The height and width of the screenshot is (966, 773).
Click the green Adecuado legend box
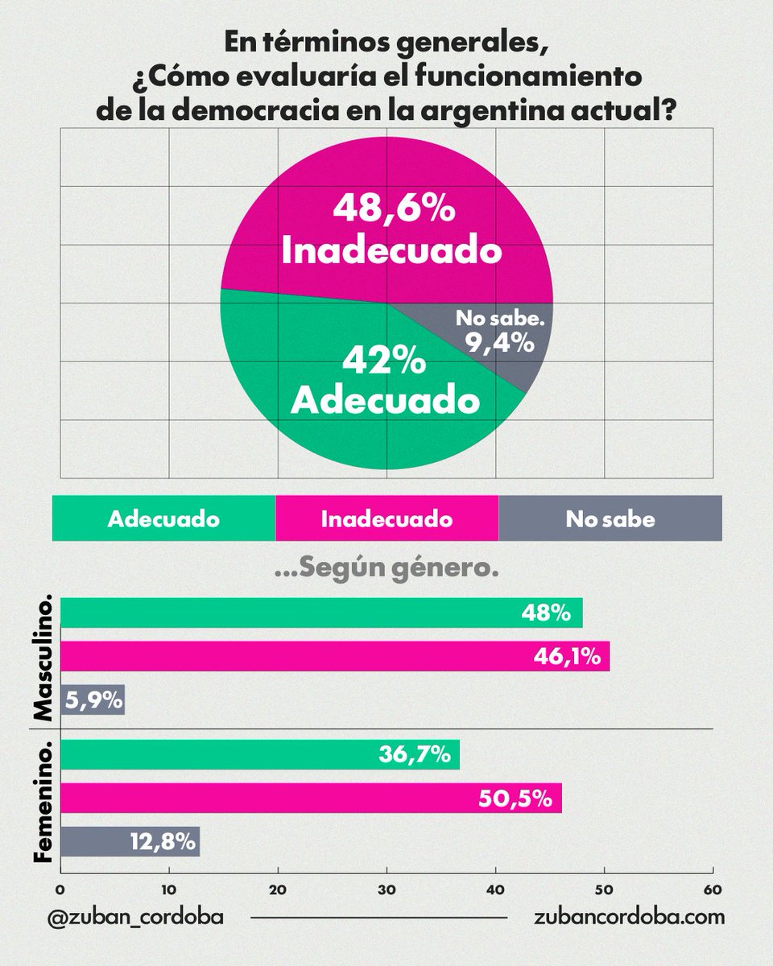[x=163, y=518]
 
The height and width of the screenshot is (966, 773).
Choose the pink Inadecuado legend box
[x=386, y=518]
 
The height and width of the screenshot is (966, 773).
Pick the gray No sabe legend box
[x=610, y=518]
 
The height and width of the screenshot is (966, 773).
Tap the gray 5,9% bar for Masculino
[x=92, y=700]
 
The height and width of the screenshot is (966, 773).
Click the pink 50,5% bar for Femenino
[x=310, y=798]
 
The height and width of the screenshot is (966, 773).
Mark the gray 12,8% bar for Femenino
[x=130, y=842]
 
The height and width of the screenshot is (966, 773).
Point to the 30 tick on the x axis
[x=386, y=890]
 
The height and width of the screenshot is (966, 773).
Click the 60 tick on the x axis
[x=713, y=890]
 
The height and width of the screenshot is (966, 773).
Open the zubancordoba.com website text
[x=629, y=917]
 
